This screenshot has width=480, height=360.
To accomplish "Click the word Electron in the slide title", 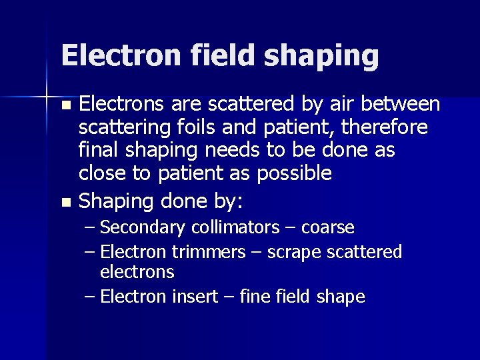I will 114,55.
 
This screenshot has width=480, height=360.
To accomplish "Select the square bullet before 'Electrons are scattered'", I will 65,106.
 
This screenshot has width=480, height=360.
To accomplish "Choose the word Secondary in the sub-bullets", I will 143,228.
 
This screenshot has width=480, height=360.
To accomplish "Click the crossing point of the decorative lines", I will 46,96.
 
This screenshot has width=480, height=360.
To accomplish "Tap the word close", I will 100,174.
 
